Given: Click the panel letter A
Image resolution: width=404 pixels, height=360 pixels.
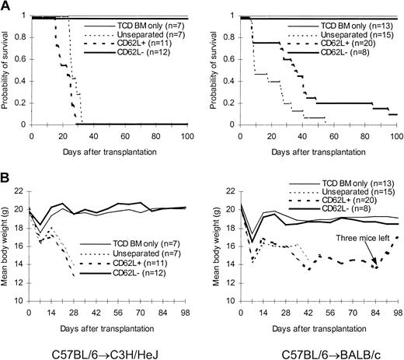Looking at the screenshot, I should point(5,5).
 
